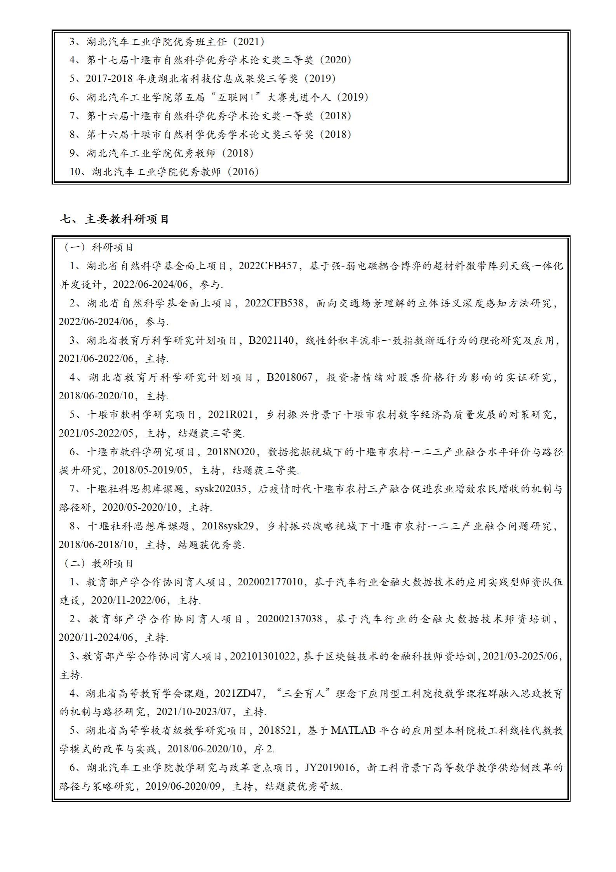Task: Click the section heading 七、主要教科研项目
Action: (x=115, y=219)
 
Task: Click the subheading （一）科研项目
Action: (x=99, y=247)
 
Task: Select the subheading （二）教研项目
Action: (x=99, y=563)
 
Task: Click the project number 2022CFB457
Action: (x=268, y=266)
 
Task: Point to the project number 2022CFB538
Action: (x=274, y=303)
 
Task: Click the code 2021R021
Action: (x=230, y=415)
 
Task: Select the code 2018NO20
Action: (x=231, y=452)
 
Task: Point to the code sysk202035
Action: (x=221, y=489)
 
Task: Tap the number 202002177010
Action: (x=270, y=582)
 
